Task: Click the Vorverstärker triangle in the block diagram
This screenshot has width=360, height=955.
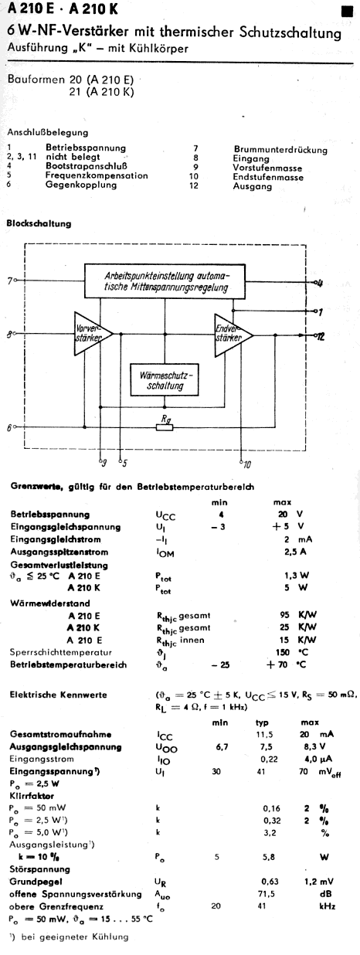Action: [92, 334]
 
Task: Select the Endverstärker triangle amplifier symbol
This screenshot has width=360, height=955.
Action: [233, 335]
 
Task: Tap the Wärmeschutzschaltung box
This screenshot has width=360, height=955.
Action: [164, 379]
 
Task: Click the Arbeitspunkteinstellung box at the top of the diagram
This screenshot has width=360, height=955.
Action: [165, 281]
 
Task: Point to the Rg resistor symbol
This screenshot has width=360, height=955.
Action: [165, 427]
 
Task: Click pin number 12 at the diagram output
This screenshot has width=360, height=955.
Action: [321, 336]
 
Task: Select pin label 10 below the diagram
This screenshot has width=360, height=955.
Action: [247, 464]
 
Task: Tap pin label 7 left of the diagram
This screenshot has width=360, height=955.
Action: [10, 280]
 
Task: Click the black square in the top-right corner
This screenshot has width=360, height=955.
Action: [347, 11]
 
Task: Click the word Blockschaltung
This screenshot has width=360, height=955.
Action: [39, 223]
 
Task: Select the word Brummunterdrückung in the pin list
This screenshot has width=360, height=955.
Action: [280, 149]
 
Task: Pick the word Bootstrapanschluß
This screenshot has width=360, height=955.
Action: [87, 166]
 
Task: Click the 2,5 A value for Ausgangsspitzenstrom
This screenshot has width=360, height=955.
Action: [295, 552]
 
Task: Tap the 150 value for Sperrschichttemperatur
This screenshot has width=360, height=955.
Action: [283, 652]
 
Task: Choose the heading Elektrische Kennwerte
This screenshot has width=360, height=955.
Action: [59, 695]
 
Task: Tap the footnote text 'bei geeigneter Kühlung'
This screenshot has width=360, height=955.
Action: [75, 936]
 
